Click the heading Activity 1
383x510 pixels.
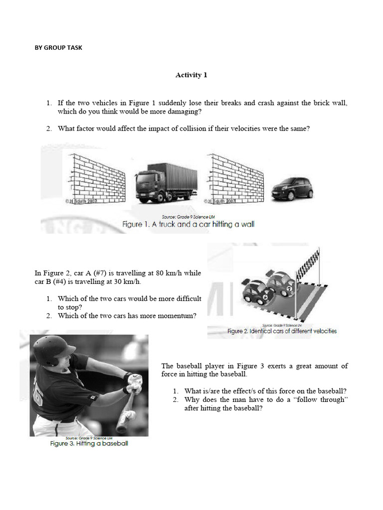(x=191, y=75)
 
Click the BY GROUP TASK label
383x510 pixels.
(x=58, y=48)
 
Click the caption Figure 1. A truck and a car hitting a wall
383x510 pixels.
(x=189, y=225)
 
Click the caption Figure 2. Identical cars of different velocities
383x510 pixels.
(x=282, y=331)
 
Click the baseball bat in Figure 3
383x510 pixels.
(x=125, y=413)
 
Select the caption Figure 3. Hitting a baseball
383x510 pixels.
(x=89, y=443)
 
